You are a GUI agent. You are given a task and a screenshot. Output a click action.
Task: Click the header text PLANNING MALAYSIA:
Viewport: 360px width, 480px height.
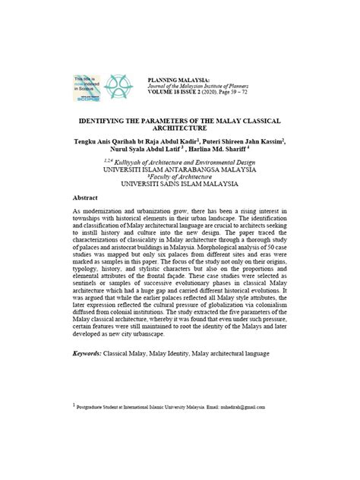point(177,77)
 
